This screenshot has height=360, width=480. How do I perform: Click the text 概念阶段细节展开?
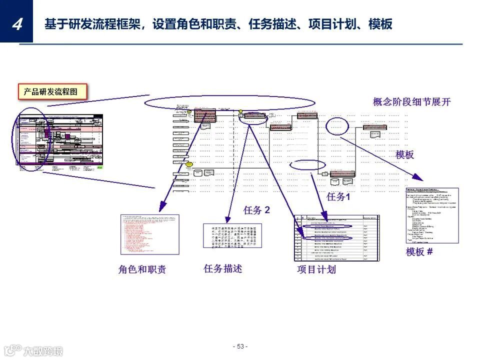coord(411,102)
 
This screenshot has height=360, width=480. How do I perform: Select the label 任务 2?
coord(256,210)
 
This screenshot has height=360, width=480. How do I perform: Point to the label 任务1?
coord(338,197)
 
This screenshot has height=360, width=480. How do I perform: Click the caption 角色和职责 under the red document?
coord(142,269)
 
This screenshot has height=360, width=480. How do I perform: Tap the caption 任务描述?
coord(223,268)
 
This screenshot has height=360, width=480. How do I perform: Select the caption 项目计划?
coord(316,269)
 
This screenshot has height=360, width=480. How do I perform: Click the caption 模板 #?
coord(419,251)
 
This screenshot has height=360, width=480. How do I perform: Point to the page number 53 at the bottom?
coord(240,346)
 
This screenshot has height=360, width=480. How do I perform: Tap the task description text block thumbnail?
coord(232,235)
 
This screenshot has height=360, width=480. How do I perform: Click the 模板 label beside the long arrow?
coord(404,154)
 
